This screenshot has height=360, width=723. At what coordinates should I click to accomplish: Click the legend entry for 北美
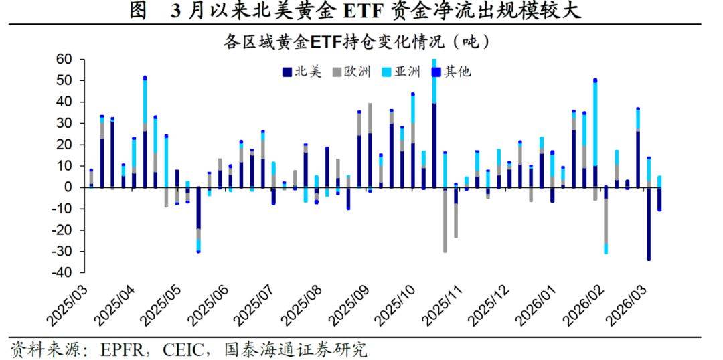304,72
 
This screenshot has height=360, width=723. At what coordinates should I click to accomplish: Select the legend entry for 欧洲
351,72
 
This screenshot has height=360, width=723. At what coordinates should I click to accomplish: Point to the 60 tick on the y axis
63,60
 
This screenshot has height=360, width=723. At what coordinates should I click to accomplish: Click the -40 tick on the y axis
61,272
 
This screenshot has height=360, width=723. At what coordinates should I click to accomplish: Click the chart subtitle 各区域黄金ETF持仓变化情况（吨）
357,41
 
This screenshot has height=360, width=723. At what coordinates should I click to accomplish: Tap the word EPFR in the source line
121,349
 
